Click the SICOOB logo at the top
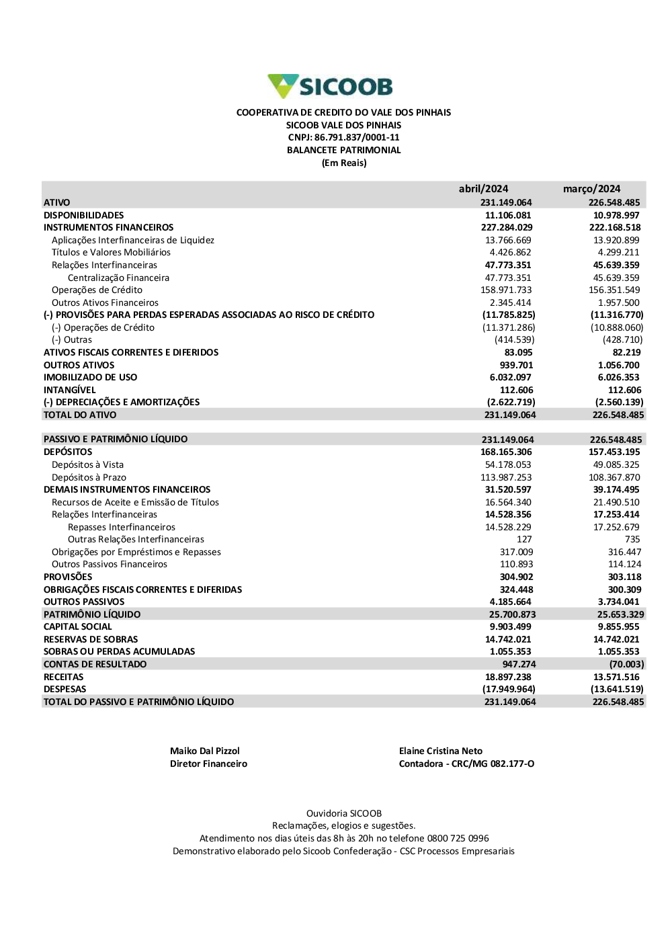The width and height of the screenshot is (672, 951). (330, 86)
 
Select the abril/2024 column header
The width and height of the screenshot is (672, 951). (483, 189)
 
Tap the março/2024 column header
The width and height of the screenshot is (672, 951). (591, 189)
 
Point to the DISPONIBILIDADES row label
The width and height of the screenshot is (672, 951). (84, 215)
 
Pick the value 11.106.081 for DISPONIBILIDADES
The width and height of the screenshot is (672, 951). (508, 215)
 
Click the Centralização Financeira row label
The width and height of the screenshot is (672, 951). (118, 278)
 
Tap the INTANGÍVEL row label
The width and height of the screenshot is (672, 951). (70, 390)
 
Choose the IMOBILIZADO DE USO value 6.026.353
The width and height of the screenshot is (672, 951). (618, 378)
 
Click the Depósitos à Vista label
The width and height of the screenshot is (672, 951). (87, 464)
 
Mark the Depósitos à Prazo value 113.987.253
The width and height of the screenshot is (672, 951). (505, 477)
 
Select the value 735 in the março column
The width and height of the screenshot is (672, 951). (632, 539)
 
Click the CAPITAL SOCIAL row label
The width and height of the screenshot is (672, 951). (78, 626)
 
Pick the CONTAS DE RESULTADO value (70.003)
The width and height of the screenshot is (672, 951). (626, 664)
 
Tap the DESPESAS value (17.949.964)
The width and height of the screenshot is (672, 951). (509, 689)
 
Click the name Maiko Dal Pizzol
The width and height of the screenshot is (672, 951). (204, 751)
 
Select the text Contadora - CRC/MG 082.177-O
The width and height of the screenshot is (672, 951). (466, 763)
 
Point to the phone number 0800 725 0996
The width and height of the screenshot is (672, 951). (458, 838)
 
